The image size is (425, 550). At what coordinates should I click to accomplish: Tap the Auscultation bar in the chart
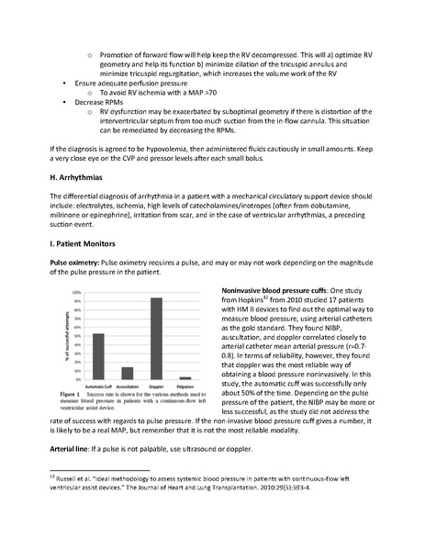pos(127,373)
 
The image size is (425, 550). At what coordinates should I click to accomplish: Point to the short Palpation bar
pos(185,377)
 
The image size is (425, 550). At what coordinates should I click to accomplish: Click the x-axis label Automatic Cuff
pos(98,386)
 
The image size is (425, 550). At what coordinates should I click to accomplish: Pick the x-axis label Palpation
pos(185,386)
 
